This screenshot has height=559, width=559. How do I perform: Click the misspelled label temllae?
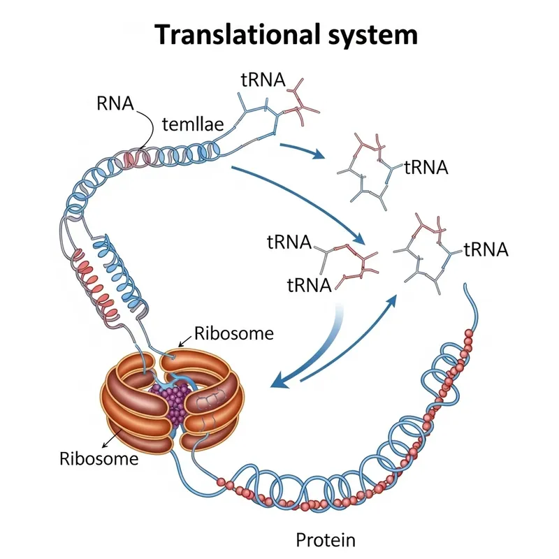[192, 125]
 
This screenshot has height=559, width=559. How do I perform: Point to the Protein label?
[326, 539]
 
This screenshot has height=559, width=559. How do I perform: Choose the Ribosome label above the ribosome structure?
[234, 333]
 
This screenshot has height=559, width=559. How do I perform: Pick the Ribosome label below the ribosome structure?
[99, 459]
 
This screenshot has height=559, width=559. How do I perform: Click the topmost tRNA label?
[263, 80]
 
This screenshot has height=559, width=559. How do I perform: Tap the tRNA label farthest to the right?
[485, 249]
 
